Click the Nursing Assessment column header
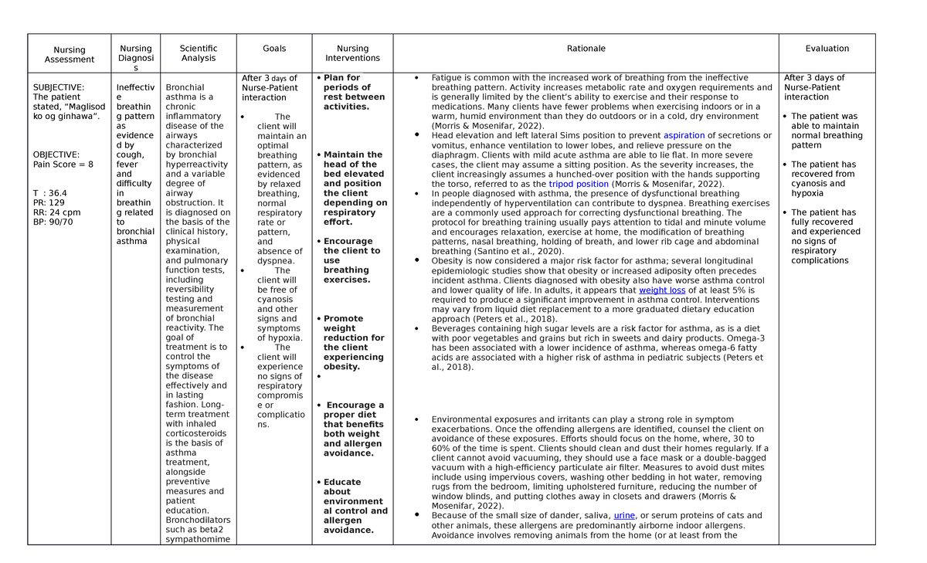tap(70, 54)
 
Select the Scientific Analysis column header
tap(199, 53)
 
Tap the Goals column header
tap(274, 49)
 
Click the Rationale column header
tap(586, 49)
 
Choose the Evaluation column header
tap(827, 49)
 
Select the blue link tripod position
tap(579, 184)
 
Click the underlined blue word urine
tap(624, 516)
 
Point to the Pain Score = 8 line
tap(63, 164)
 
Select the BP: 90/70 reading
tap(53, 222)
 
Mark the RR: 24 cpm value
tap(56, 212)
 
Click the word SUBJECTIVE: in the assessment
tap(59, 88)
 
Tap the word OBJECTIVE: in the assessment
tap(56, 155)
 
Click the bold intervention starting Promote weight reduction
tap(353, 342)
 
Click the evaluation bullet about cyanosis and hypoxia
tap(823, 178)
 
